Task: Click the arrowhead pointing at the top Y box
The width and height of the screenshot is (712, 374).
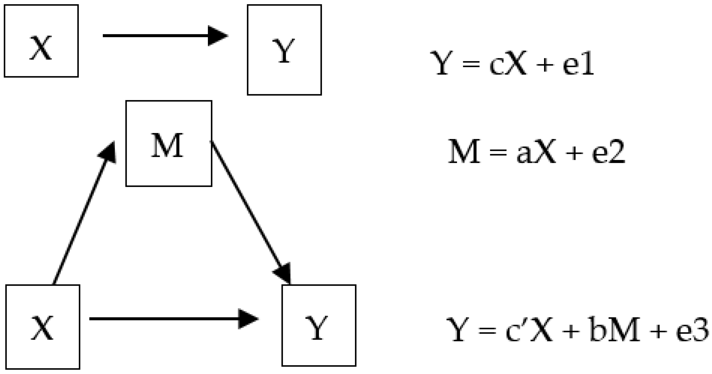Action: click(217, 36)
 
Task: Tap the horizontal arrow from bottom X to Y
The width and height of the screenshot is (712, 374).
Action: click(166, 319)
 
